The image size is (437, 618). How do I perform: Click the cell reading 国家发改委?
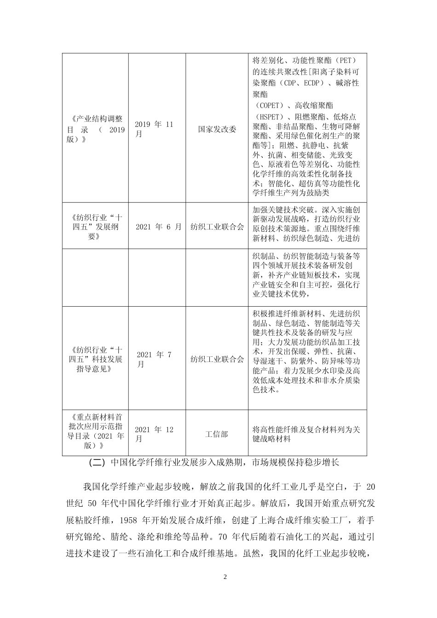(x=217, y=129)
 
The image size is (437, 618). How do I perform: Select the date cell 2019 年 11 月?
(x=155, y=129)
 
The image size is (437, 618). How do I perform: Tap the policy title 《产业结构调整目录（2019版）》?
(x=95, y=129)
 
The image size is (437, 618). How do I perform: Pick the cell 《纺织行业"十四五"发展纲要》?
(x=95, y=227)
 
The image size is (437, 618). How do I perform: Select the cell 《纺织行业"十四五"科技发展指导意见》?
(x=95, y=359)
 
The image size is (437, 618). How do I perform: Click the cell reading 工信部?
(x=217, y=434)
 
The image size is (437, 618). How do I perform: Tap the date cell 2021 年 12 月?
(x=155, y=434)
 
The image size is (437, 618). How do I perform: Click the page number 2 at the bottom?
(x=225, y=577)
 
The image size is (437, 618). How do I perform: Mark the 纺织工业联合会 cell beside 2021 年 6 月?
(x=217, y=227)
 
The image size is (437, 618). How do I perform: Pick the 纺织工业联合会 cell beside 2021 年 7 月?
(x=217, y=359)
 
